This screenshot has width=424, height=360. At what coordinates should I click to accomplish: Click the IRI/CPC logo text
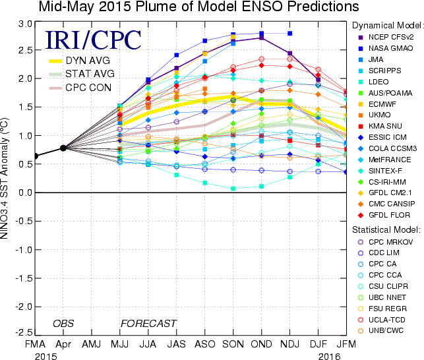pos(93,39)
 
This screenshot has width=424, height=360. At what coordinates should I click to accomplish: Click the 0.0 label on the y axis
pos(24,193)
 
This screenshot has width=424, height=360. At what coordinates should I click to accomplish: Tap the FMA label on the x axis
pos(34,345)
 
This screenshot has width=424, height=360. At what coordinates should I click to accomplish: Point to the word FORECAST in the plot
pos(148,323)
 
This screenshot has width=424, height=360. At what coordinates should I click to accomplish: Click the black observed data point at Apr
pos(63,148)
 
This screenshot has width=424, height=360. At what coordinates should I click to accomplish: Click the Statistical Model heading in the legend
pos(386,229)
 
